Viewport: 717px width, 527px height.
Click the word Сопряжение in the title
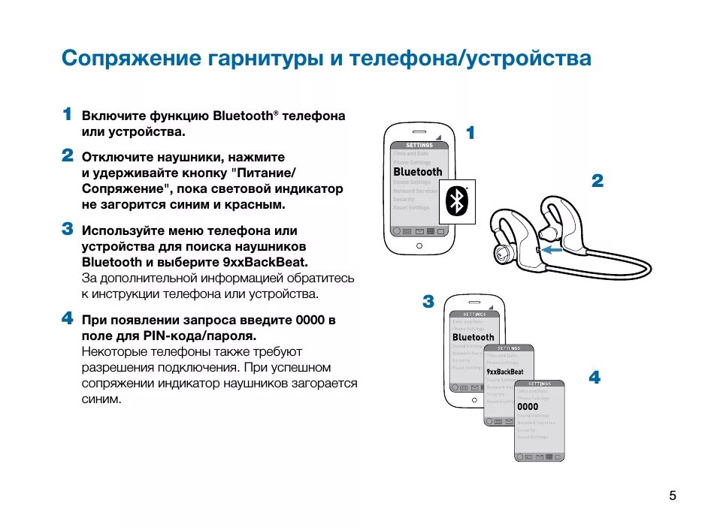click(x=129, y=59)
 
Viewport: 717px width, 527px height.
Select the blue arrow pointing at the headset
click(x=553, y=248)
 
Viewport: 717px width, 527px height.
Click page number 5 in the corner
click(x=672, y=495)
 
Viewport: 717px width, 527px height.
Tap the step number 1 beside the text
click(x=67, y=115)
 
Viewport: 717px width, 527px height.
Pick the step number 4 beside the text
click(x=67, y=318)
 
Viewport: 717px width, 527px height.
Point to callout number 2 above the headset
click(x=597, y=180)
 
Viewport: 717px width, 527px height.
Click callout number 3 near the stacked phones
click(x=428, y=302)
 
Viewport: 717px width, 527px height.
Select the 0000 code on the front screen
click(x=528, y=406)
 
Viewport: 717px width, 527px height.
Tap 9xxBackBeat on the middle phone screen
click(x=504, y=372)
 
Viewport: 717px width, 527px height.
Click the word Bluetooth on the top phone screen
click(x=418, y=172)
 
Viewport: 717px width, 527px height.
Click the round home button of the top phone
click(x=419, y=245)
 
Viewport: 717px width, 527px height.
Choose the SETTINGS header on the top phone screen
click(x=419, y=145)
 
